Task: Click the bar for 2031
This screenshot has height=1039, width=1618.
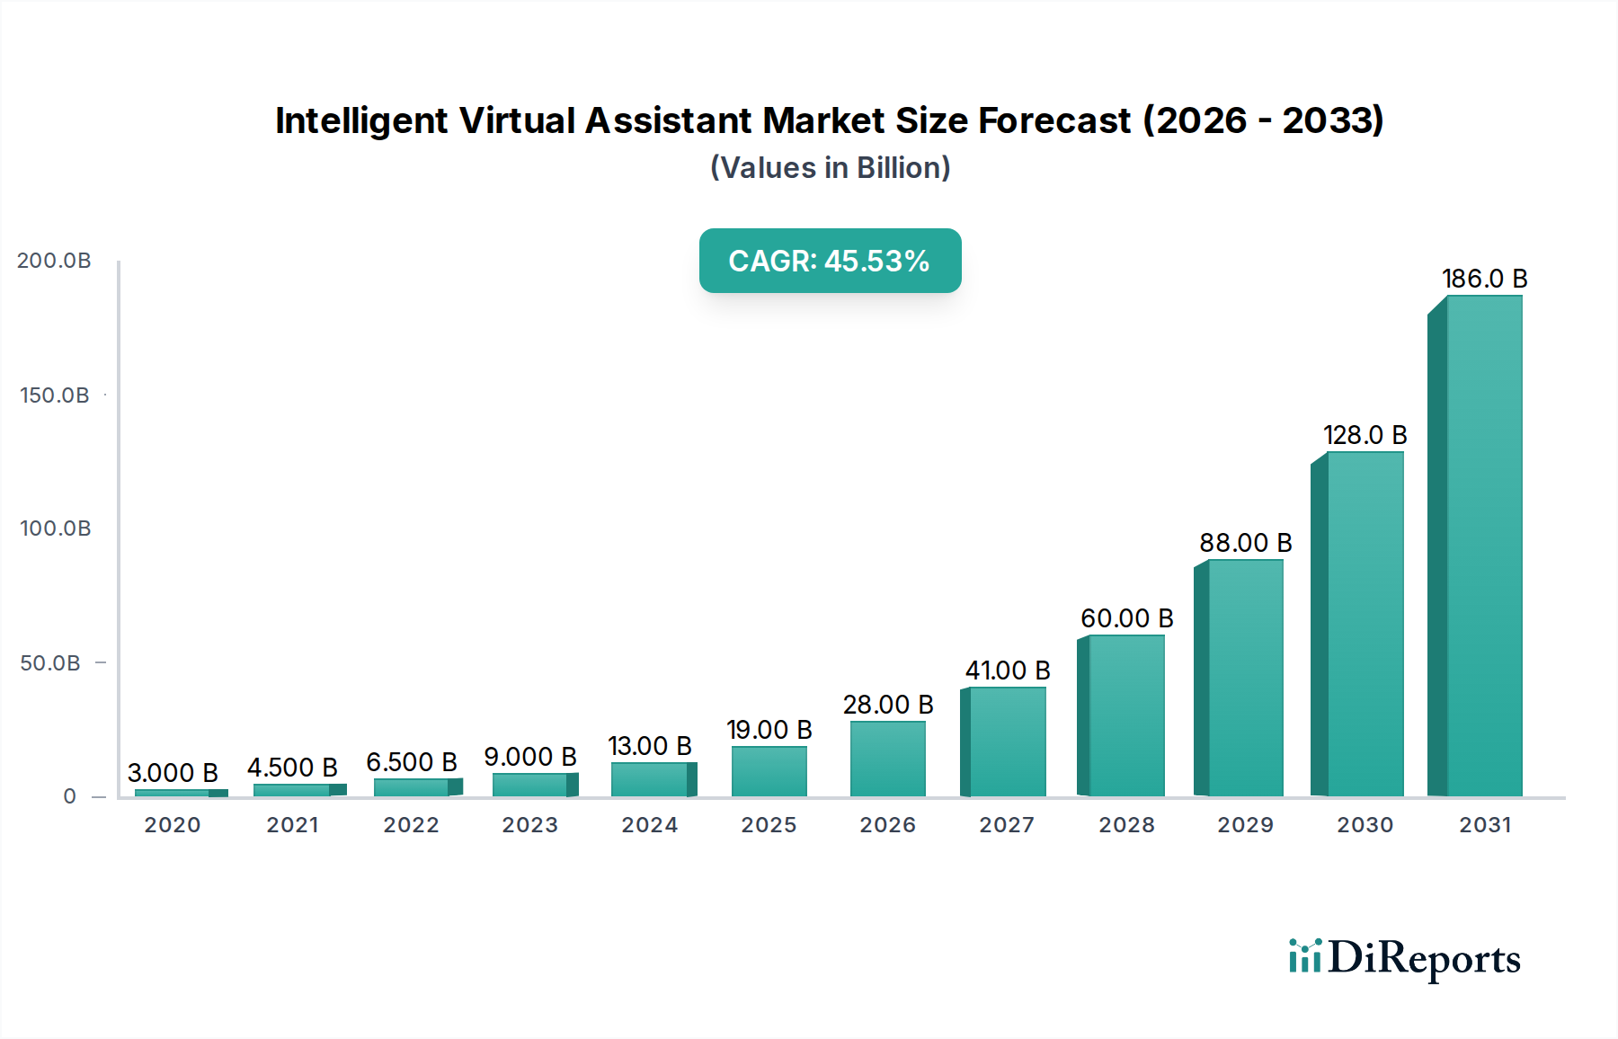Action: tap(1483, 548)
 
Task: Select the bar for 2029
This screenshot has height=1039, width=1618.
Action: tap(1245, 679)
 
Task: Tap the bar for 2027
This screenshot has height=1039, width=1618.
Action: tap(1007, 742)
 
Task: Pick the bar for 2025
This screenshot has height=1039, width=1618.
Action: tap(769, 771)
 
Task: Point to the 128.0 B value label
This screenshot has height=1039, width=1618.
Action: tap(1365, 435)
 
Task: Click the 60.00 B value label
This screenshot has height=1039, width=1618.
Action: tap(1126, 618)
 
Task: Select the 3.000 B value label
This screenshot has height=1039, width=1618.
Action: tap(173, 773)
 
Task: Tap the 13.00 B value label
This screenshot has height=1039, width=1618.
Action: tap(649, 746)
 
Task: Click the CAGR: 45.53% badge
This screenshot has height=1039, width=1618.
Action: tap(830, 261)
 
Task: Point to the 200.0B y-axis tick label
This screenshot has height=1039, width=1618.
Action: tap(54, 261)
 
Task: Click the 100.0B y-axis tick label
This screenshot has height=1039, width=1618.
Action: tap(55, 528)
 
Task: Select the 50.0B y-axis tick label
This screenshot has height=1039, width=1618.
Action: tap(50, 663)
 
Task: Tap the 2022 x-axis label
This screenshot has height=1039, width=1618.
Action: tap(411, 825)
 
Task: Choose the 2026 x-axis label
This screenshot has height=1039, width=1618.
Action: tap(887, 825)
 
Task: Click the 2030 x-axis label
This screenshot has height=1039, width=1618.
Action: tap(1365, 825)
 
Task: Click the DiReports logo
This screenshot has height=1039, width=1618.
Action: tap(1404, 958)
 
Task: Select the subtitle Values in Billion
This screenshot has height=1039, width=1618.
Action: tap(830, 168)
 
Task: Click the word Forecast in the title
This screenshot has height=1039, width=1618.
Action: tap(1053, 120)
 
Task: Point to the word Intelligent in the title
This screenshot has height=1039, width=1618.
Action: tap(360, 120)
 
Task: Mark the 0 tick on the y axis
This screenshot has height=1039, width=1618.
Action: tap(69, 796)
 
